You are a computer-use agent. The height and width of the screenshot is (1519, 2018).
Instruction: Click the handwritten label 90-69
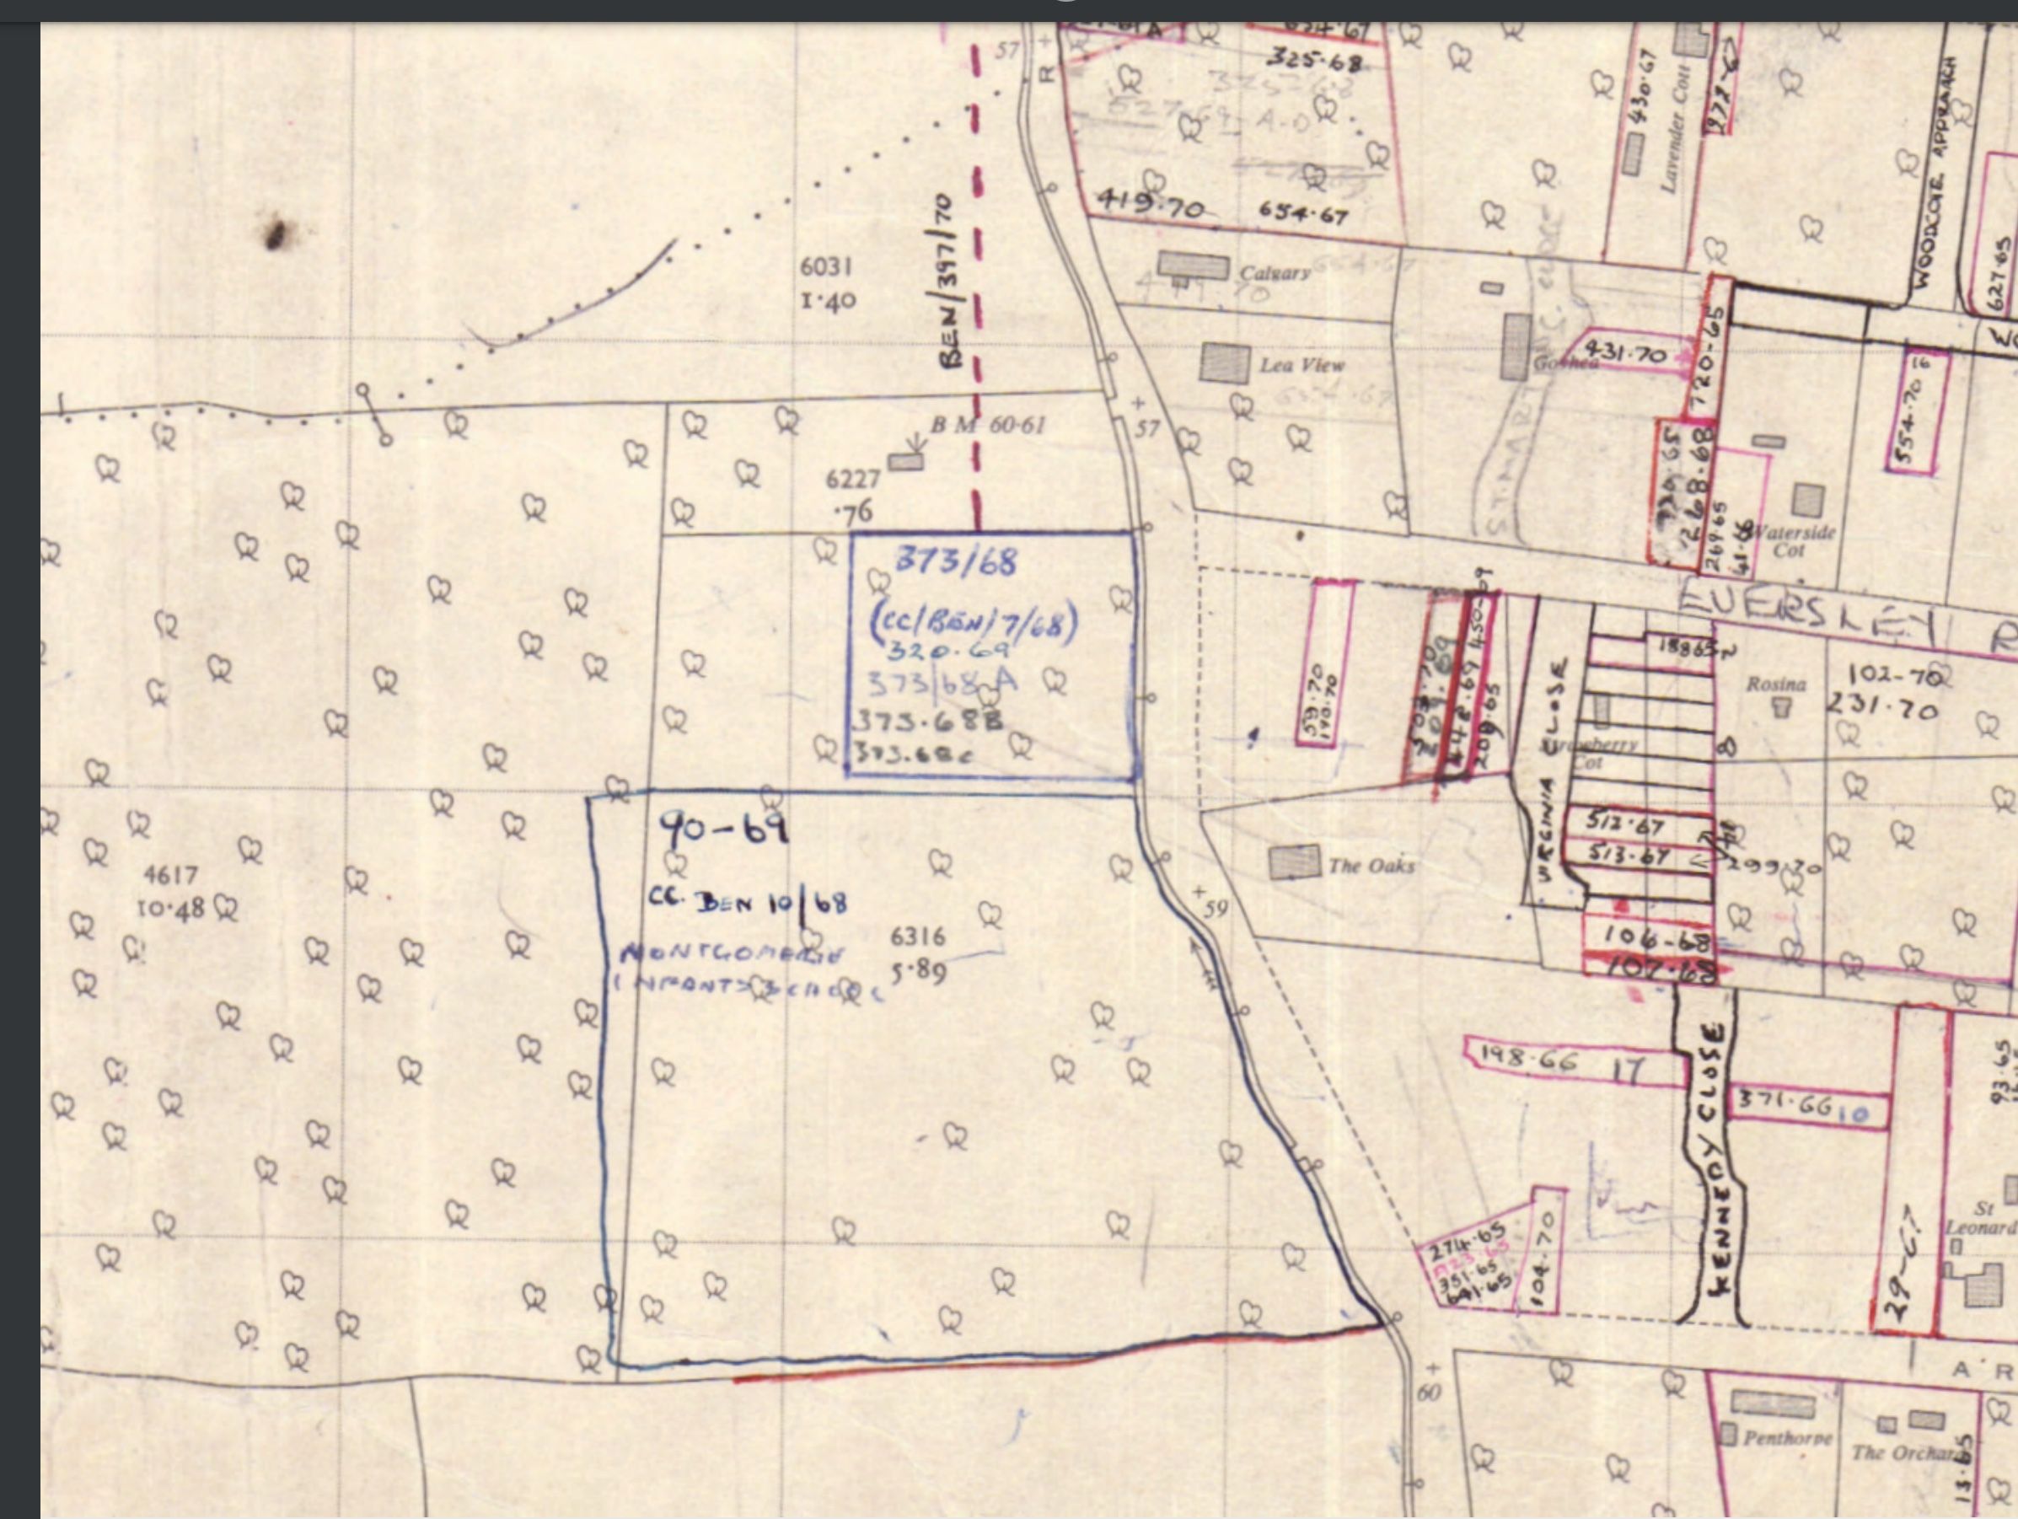[723, 829]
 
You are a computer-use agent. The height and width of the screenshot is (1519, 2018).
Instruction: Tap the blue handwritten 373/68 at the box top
[955, 561]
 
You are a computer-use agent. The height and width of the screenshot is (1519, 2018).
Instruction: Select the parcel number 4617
[170, 875]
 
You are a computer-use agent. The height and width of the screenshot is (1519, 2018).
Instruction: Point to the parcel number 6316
[918, 936]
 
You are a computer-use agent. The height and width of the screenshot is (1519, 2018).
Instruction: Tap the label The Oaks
[1371, 866]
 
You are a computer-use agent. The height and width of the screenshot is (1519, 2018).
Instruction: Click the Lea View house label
[1302, 366]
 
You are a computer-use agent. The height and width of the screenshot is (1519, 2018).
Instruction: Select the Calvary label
[1275, 272]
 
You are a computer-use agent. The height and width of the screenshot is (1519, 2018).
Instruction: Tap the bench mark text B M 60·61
[988, 425]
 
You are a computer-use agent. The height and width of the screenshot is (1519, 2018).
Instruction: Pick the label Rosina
[1775, 684]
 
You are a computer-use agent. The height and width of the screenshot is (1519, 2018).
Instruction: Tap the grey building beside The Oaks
[1295, 862]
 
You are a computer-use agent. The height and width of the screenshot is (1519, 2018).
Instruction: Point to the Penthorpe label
[1787, 1439]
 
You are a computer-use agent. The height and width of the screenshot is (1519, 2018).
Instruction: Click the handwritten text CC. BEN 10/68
[747, 902]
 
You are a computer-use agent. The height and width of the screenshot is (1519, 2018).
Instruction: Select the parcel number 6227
[853, 479]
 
